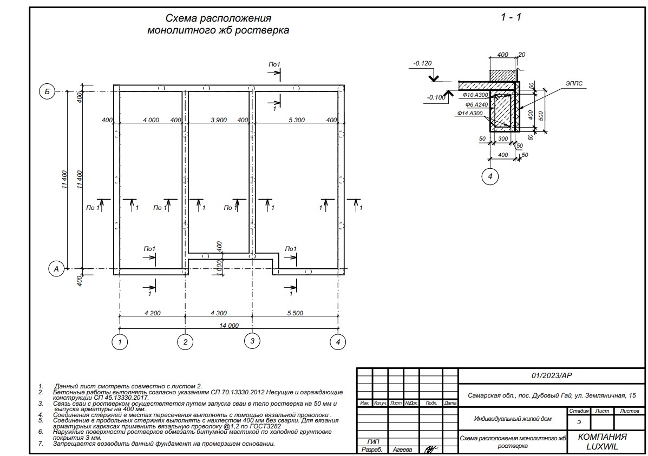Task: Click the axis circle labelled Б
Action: tap(47, 92)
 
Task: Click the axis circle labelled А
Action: tap(55, 268)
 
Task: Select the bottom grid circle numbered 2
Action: tap(185, 341)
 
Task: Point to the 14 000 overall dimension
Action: tap(228, 326)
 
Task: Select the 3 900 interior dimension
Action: tap(219, 120)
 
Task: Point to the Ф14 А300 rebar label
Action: tap(469, 113)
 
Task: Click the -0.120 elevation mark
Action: tap(422, 63)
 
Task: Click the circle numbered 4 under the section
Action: tap(489, 176)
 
